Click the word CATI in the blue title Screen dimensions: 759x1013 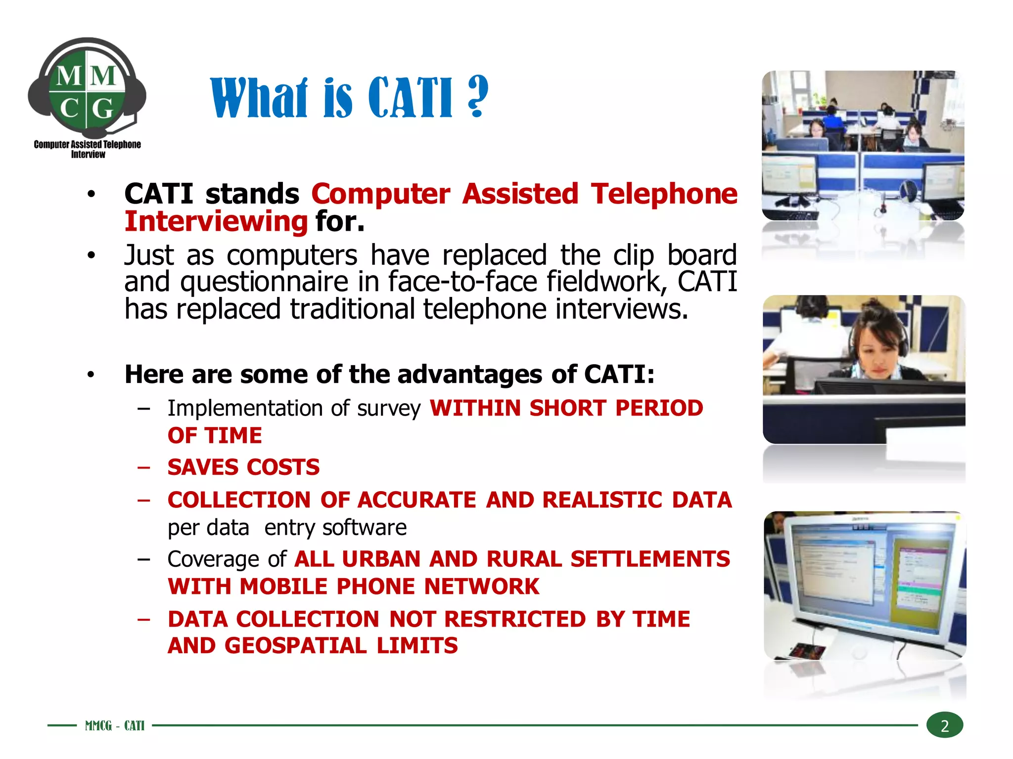410,98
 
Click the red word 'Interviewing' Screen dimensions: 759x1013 216,221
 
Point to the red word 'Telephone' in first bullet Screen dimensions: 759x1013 664,194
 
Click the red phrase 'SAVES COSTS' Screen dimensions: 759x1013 243,467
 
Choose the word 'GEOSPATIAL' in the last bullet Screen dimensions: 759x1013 295,646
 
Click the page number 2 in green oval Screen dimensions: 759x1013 944,725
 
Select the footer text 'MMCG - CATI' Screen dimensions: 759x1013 114,725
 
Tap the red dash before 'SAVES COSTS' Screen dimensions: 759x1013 144,467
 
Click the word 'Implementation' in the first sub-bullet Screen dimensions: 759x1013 245,409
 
